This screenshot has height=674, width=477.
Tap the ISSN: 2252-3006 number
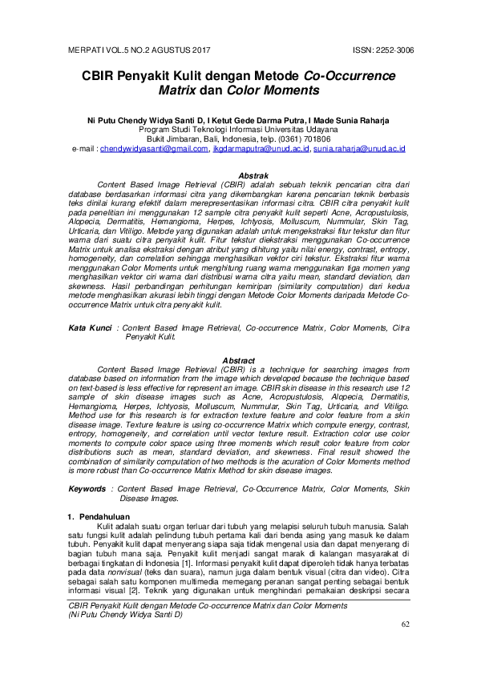click(x=383, y=50)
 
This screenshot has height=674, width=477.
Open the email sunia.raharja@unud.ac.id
click(x=359, y=149)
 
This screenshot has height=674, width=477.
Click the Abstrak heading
click(x=238, y=175)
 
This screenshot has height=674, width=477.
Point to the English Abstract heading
click(x=238, y=360)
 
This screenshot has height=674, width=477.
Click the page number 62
click(x=404, y=645)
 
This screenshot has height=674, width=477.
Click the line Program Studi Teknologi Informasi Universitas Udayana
click(x=238, y=128)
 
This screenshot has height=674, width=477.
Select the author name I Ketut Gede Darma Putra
click(x=255, y=118)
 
